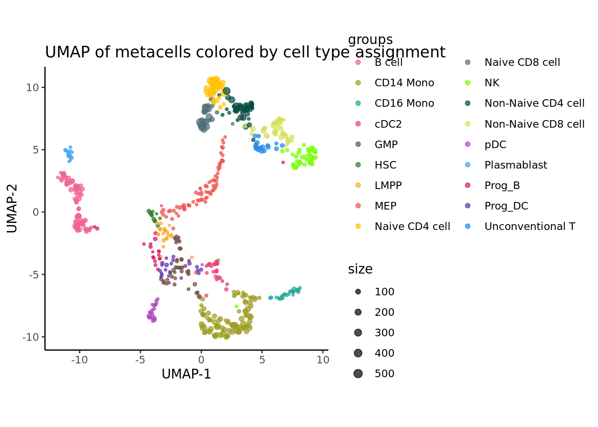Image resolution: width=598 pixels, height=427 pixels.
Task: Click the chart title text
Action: point(245,52)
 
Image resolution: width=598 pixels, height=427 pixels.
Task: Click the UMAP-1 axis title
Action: point(186,374)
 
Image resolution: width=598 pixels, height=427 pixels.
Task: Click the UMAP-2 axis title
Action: point(12,208)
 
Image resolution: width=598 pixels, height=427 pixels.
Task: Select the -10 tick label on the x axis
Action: point(80,360)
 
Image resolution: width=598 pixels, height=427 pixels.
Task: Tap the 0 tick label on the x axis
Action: point(201,360)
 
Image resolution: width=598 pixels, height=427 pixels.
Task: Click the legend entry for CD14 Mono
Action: point(404,83)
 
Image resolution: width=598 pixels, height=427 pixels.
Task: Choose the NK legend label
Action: point(492,83)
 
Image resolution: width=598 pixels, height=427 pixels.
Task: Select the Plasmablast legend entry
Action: point(515,165)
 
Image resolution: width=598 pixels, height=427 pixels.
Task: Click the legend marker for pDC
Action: point(468,144)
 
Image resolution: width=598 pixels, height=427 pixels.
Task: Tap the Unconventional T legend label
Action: point(529,226)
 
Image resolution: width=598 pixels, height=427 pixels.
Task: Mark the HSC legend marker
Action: point(358,165)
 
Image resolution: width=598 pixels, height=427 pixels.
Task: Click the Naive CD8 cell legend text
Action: point(522,62)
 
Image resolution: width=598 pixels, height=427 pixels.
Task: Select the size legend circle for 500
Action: point(358,374)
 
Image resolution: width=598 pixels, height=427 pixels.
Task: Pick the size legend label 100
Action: point(384,292)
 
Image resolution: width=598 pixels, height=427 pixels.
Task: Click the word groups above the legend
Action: point(370,40)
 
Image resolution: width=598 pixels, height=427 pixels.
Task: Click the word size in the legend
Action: point(360,269)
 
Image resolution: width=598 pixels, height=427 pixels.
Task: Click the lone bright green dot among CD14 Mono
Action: point(236,306)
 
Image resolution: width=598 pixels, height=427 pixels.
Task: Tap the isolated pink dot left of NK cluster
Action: point(283,162)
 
